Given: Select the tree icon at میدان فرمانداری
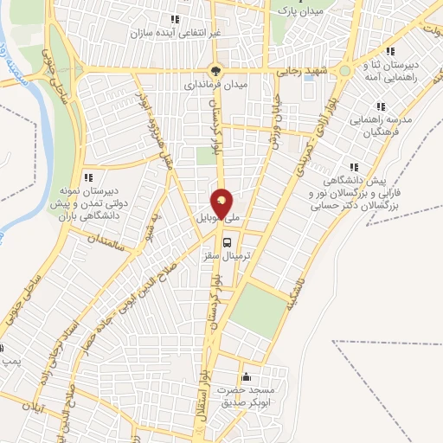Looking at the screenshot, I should click(216, 72).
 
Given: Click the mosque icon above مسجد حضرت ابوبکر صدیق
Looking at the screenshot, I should click(247, 376).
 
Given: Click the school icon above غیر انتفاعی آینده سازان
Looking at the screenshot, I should click(176, 18).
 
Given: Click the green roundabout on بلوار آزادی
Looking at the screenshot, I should click(344, 71).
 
